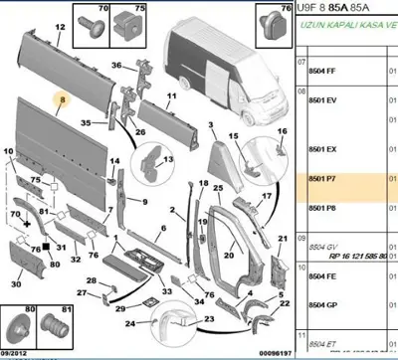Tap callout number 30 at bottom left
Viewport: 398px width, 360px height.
(16, 284)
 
